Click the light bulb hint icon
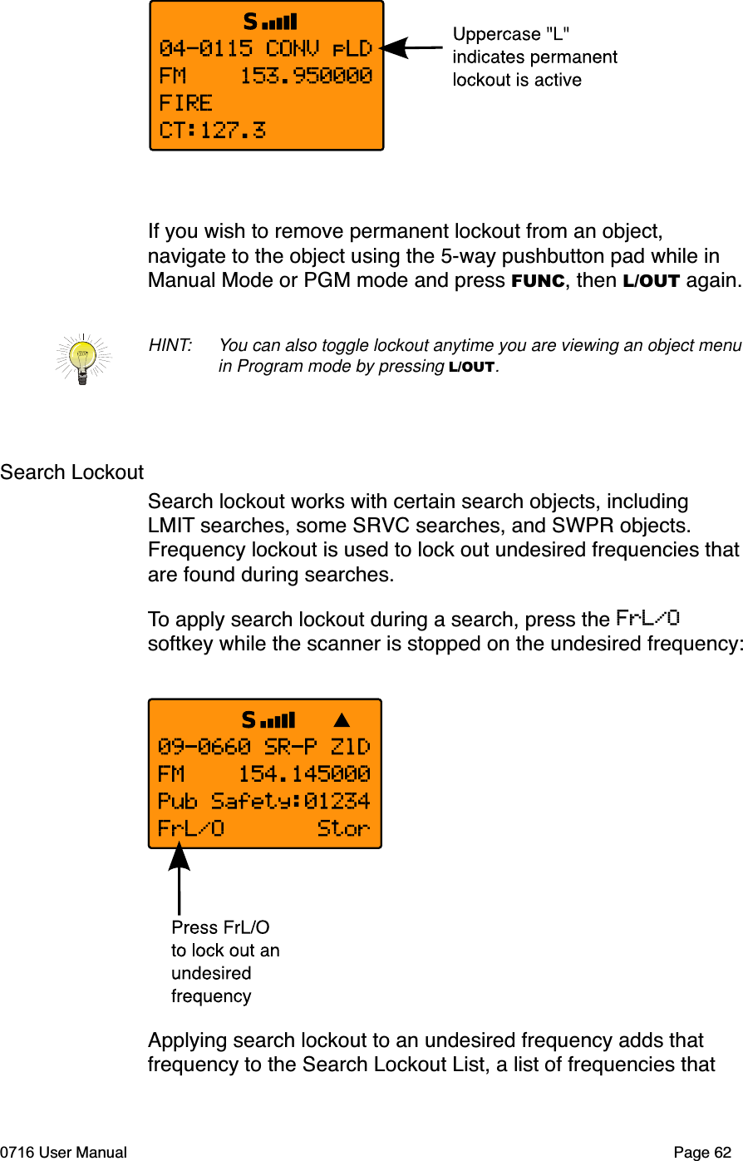tap(82, 358)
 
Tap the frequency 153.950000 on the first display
tap(306, 76)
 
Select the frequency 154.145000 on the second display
tap(304, 774)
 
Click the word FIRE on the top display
tap(186, 103)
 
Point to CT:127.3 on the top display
tap(213, 130)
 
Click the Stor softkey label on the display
tap(343, 828)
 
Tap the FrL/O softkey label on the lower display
tap(191, 828)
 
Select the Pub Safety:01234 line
tap(264, 801)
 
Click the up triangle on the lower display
tap(342, 720)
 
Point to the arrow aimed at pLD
tap(411, 48)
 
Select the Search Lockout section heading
tap(72, 472)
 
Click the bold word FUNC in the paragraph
tap(538, 281)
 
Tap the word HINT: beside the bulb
tap(170, 345)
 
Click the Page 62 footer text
tap(702, 1152)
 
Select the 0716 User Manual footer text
tap(64, 1152)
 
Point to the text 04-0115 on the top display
tap(205, 48)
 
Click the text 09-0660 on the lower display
tap(204, 747)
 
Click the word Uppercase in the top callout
tap(496, 34)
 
